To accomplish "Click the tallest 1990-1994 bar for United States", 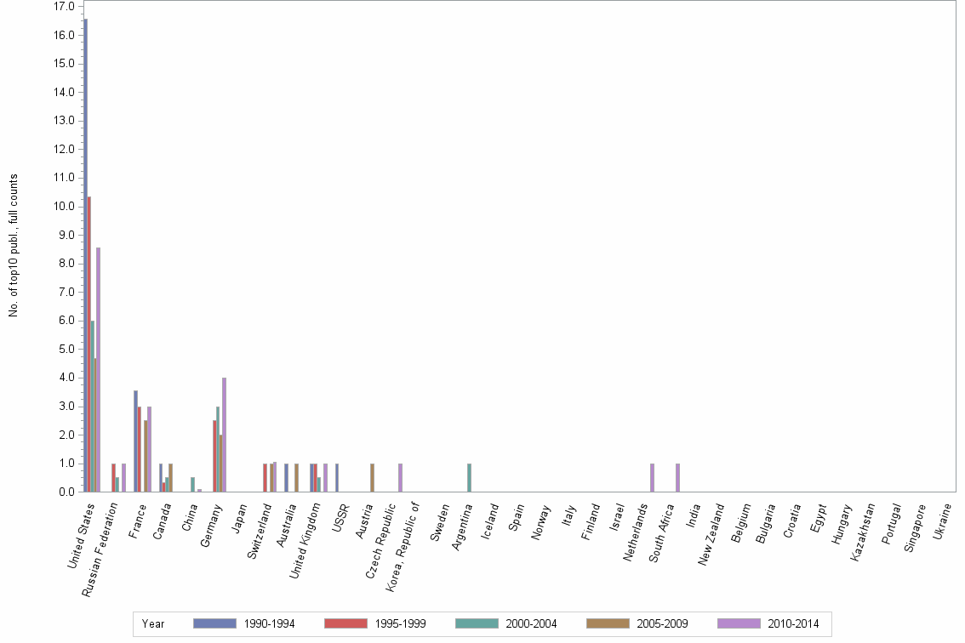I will pyautogui.click(x=85, y=255).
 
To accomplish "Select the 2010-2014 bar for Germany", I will pyautogui.click(x=224, y=435).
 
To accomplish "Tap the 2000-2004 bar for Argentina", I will pyautogui.click(x=469, y=478).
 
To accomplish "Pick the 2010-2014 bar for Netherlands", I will pyautogui.click(x=652, y=478).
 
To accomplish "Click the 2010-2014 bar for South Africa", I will pyautogui.click(x=677, y=478).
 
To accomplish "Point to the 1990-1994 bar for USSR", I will pyautogui.click(x=337, y=478).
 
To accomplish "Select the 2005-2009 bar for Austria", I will pyautogui.click(x=372, y=478).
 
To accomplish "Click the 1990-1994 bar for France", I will pyautogui.click(x=135, y=441).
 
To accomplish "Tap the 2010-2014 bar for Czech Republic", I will pyautogui.click(x=400, y=478).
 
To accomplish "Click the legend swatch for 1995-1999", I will pyautogui.click(x=345, y=623).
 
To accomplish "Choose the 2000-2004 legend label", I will pyautogui.click(x=531, y=623).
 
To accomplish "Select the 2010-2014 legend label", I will pyautogui.click(x=793, y=623).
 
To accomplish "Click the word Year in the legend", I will pyautogui.click(x=154, y=623).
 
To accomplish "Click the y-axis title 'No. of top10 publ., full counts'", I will pyautogui.click(x=14, y=246).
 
